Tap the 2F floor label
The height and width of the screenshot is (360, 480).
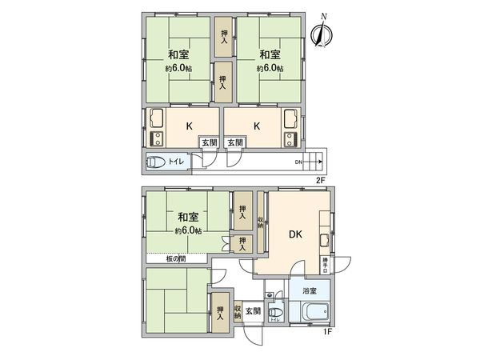[x=320, y=180]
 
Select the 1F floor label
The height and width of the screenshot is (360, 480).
[x=327, y=330]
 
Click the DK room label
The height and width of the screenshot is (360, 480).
[x=295, y=234]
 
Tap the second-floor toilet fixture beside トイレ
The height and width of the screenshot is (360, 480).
[x=157, y=162]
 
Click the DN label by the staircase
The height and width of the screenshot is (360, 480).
[x=298, y=163]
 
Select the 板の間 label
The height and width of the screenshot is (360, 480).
[x=176, y=258]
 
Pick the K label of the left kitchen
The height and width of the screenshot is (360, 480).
[x=190, y=125]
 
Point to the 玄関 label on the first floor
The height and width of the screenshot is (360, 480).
[x=252, y=310]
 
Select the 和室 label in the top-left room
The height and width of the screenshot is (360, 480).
[x=178, y=54]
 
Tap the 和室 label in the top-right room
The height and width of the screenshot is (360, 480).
[x=270, y=54]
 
